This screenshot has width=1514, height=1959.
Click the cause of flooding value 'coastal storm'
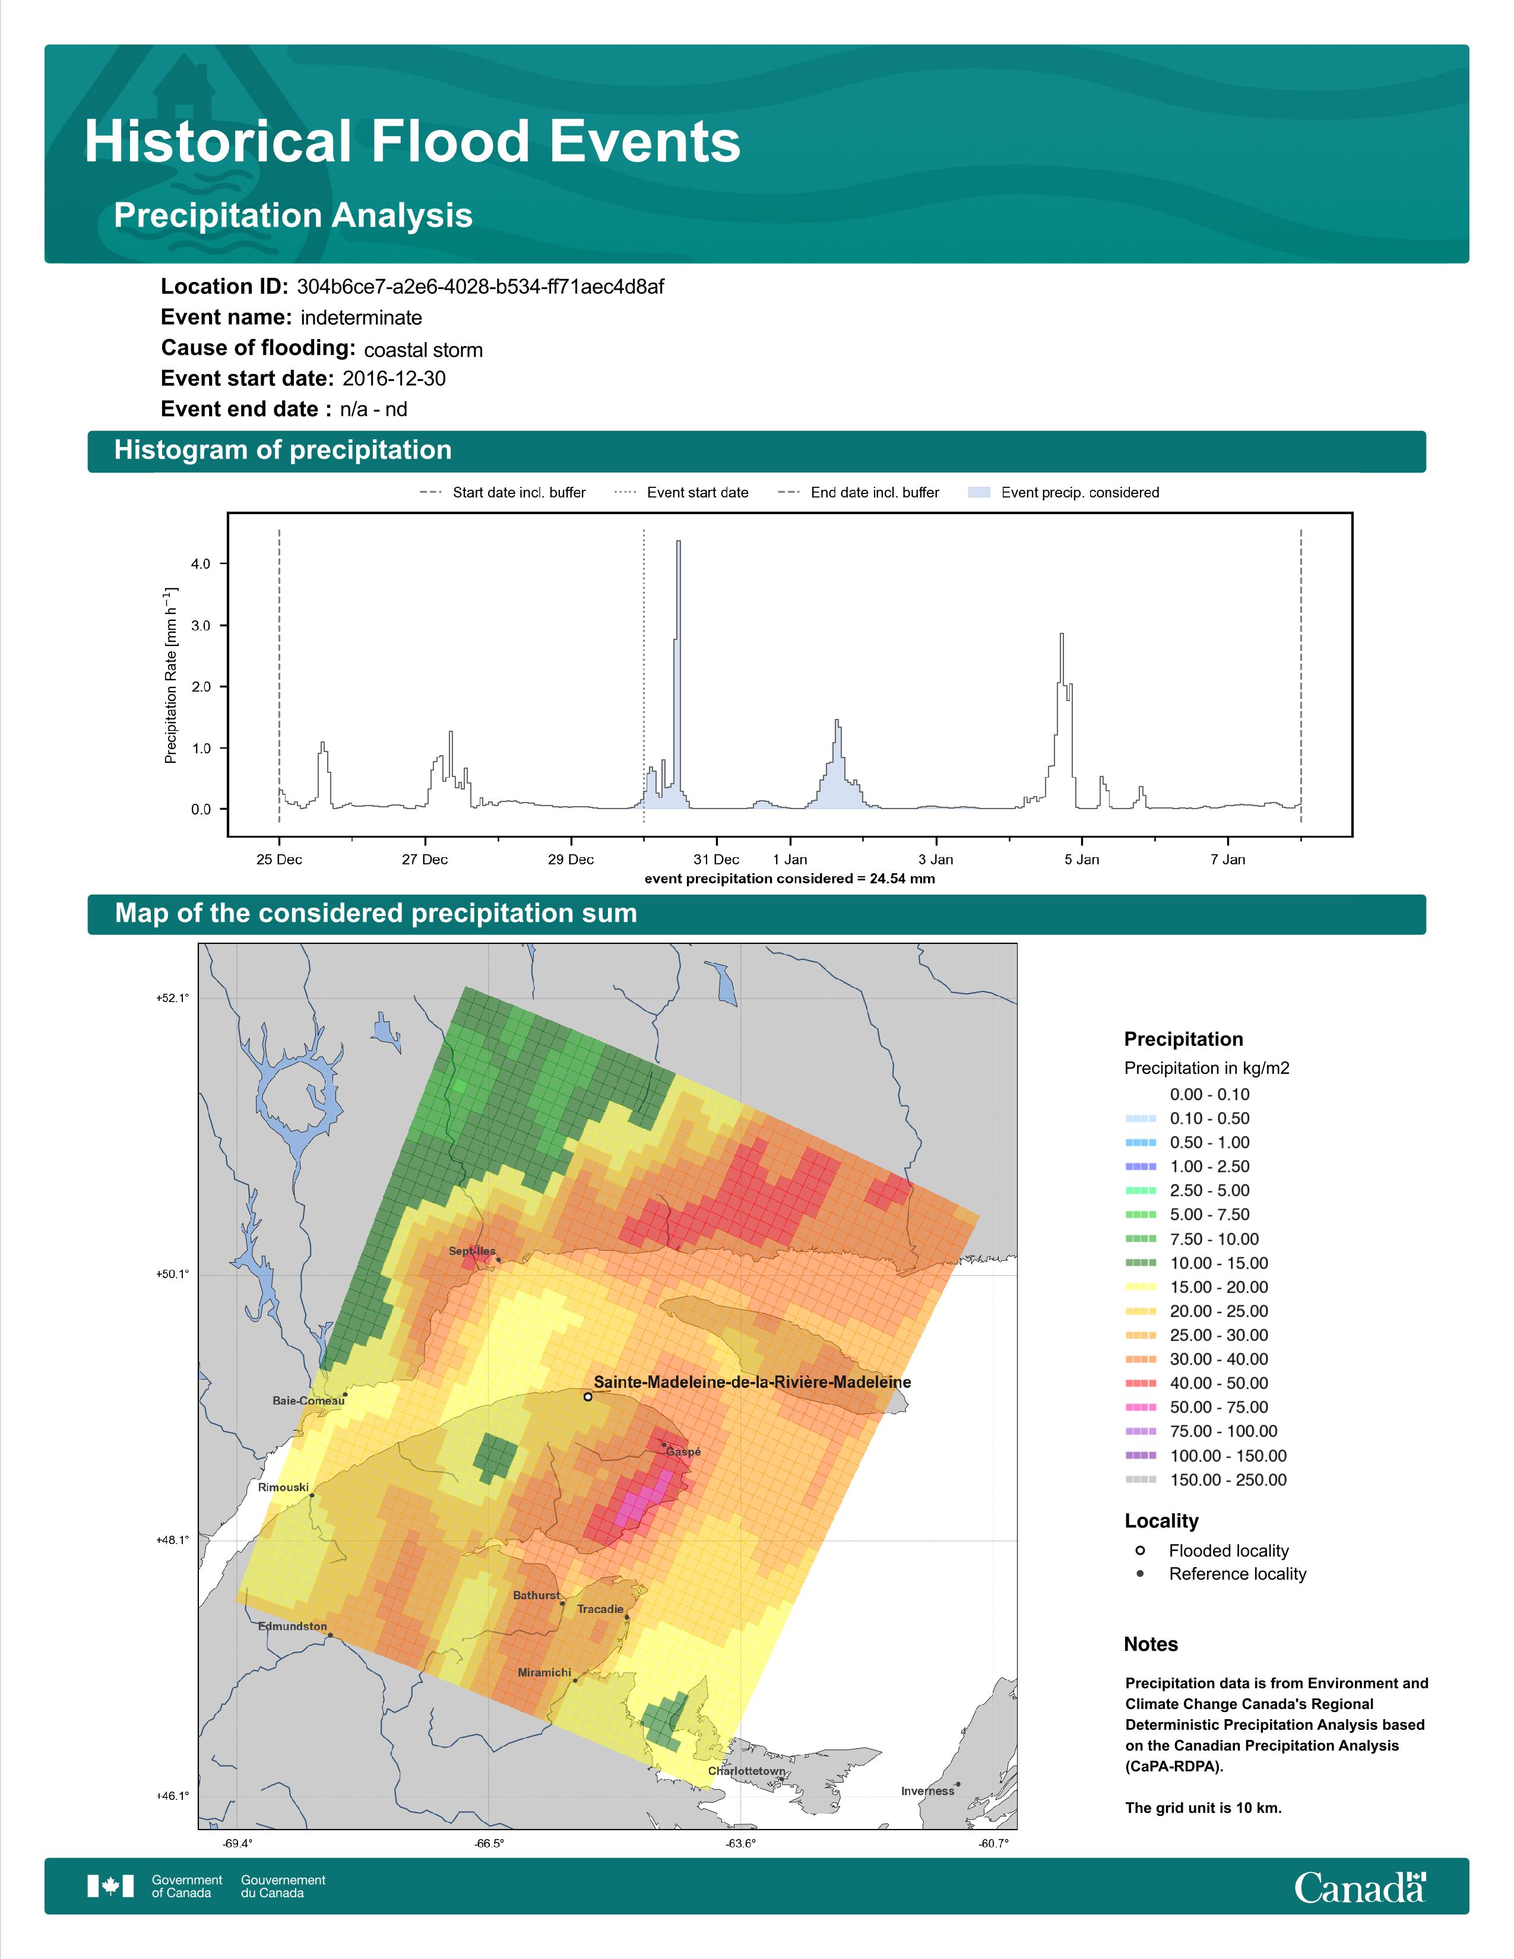423,350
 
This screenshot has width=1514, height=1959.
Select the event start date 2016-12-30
394,379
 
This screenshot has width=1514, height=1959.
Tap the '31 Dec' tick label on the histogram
716,860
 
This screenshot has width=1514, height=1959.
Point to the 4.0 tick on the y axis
201,564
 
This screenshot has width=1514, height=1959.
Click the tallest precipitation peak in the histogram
678,542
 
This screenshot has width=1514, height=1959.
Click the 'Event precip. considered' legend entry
1064,493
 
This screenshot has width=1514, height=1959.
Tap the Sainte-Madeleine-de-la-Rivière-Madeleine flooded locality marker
587,1397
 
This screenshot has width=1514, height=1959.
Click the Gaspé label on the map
683,1451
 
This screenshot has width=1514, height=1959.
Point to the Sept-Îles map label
472,1250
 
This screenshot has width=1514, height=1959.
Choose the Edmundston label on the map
292,1626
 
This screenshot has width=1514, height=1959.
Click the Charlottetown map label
747,1771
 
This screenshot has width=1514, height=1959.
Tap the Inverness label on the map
927,1791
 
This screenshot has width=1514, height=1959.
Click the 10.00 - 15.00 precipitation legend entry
1196,1263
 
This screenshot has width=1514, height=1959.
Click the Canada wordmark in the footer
1360,1887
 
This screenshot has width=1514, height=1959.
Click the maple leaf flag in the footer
110,1887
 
